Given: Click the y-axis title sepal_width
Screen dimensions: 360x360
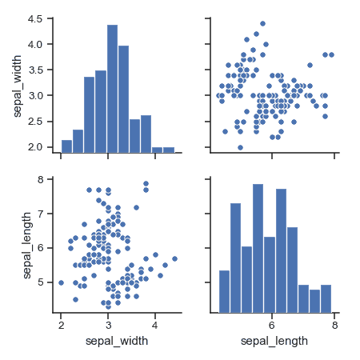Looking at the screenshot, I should click(18, 84).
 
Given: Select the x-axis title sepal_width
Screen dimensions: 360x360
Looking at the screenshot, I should click(119, 342).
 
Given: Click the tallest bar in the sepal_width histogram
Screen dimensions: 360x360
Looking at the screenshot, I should click(112, 88).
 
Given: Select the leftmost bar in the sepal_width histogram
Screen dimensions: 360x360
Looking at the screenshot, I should click(66, 146).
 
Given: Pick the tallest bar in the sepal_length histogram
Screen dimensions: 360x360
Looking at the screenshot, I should click(258, 248).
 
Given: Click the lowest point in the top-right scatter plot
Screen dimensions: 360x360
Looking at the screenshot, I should click(240, 147).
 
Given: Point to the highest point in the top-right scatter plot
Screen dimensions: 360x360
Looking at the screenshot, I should click(262, 24).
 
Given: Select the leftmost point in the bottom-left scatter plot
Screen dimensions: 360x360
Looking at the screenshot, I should click(61, 282).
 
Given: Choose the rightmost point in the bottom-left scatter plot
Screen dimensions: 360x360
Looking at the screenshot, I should click(174, 258).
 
